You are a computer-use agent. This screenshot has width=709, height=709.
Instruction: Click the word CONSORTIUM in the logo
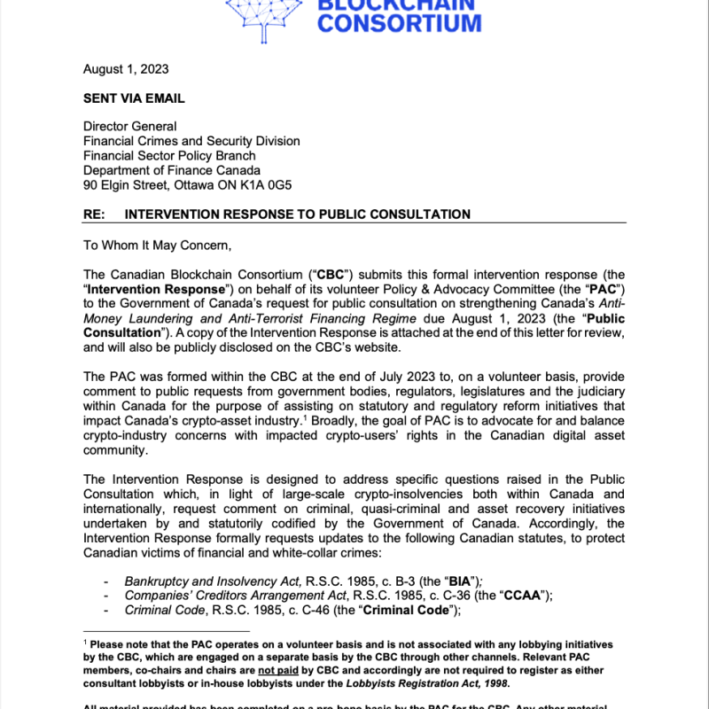click(x=399, y=22)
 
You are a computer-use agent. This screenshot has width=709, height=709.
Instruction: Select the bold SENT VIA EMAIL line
click(x=134, y=98)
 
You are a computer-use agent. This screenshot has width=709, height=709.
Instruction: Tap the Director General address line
click(x=129, y=127)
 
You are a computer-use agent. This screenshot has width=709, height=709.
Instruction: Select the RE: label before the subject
click(x=95, y=214)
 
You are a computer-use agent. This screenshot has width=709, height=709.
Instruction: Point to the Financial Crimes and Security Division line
click(x=191, y=141)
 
